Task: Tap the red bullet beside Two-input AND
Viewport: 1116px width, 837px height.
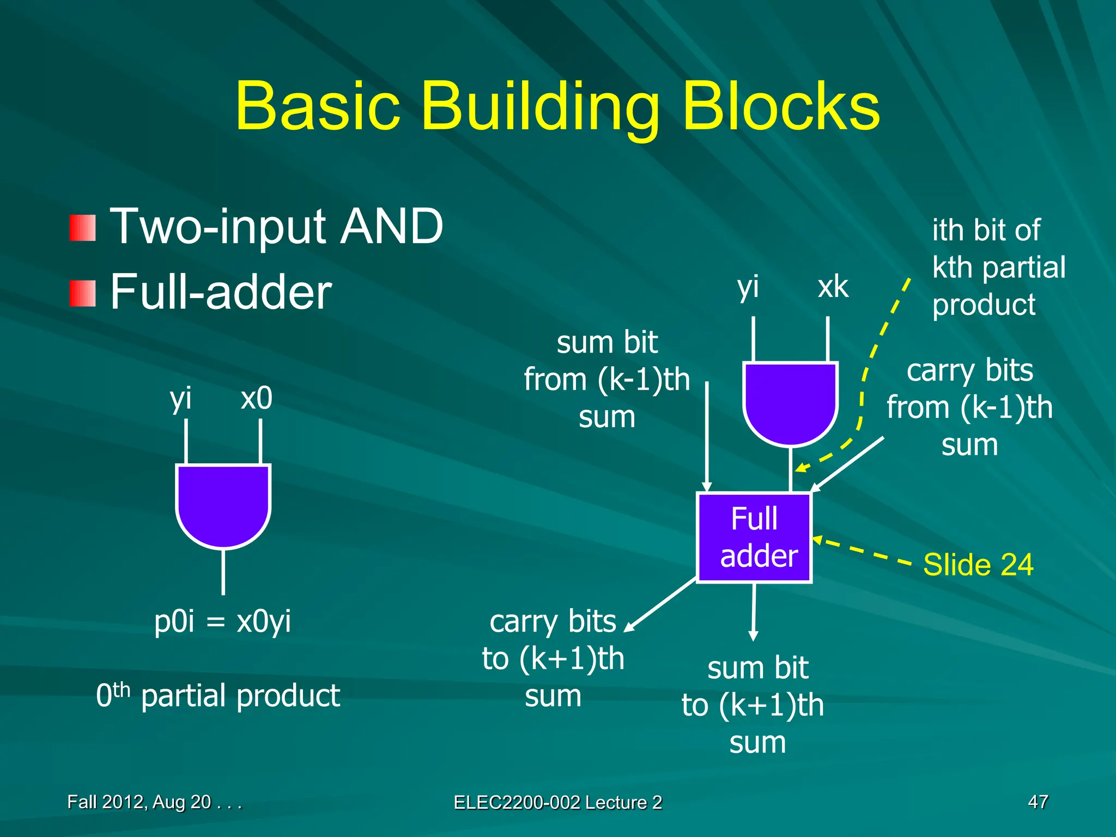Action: pyautogui.click(x=83, y=228)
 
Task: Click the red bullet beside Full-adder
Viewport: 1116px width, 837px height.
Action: pyautogui.click(x=83, y=294)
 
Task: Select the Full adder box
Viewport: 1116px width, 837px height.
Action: pyautogui.click(x=755, y=537)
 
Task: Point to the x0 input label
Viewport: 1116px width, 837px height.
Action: pyautogui.click(x=256, y=398)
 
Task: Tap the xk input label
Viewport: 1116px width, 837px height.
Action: pyautogui.click(x=833, y=287)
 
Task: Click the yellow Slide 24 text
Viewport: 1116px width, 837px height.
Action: pyautogui.click(x=978, y=565)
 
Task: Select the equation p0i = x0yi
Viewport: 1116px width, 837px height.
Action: pyautogui.click(x=222, y=621)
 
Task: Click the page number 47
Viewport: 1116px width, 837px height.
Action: pyautogui.click(x=1038, y=802)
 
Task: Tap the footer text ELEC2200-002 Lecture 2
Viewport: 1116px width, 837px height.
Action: pyautogui.click(x=557, y=802)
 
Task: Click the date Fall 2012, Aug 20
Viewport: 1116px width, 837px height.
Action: pyautogui.click(x=154, y=802)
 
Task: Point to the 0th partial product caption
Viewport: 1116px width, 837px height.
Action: pyautogui.click(x=218, y=696)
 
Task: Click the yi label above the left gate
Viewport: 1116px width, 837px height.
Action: pyautogui.click(x=180, y=398)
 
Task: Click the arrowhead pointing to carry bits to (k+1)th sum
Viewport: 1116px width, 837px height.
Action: pyautogui.click(x=629, y=627)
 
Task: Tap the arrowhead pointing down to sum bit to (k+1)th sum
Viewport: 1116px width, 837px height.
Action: pyautogui.click(x=753, y=636)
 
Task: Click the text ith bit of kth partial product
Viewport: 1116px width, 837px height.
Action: pyautogui.click(x=998, y=267)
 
